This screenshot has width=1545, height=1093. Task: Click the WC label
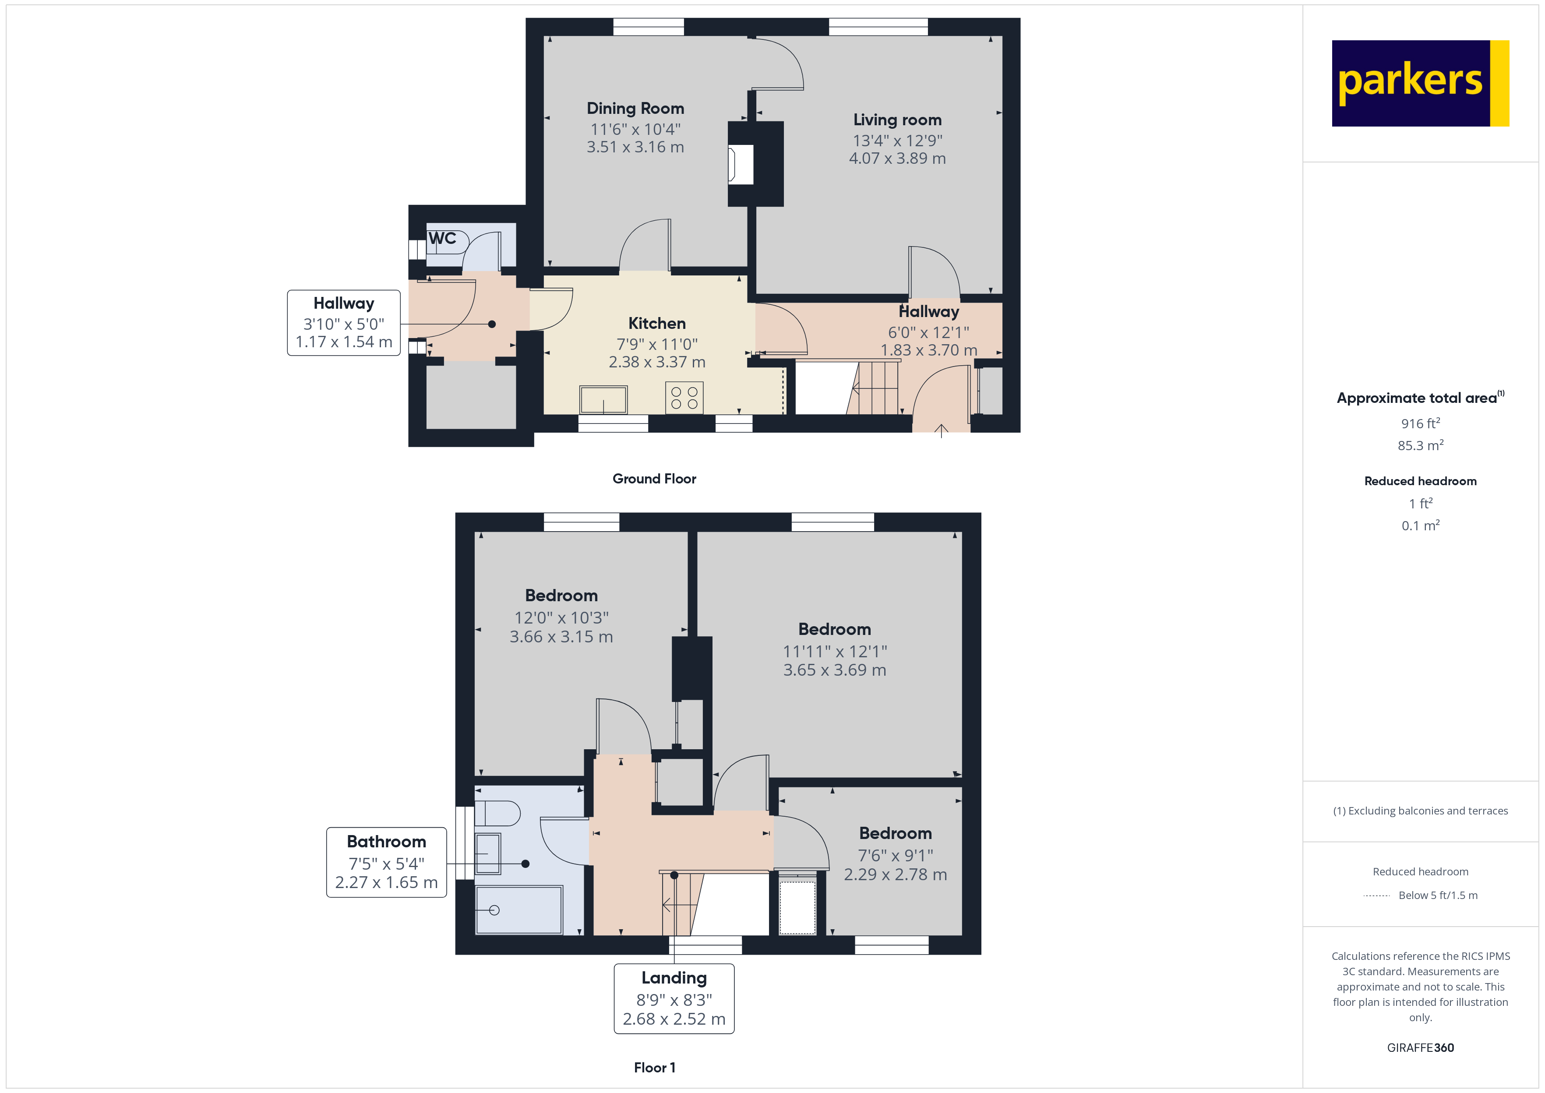442,238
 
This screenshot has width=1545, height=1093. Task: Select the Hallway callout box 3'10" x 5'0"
343,323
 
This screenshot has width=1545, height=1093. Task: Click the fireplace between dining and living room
741,164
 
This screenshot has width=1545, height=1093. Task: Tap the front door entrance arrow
941,431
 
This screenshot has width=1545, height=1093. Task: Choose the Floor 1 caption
654,1068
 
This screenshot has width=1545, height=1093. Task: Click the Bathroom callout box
386,862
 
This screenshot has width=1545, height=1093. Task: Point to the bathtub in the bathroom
518,910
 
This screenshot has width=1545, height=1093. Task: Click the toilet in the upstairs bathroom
498,813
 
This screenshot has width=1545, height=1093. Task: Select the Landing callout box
674,998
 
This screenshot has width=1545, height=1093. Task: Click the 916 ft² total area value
1420,423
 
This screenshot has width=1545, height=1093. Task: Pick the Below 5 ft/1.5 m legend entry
1437,895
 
